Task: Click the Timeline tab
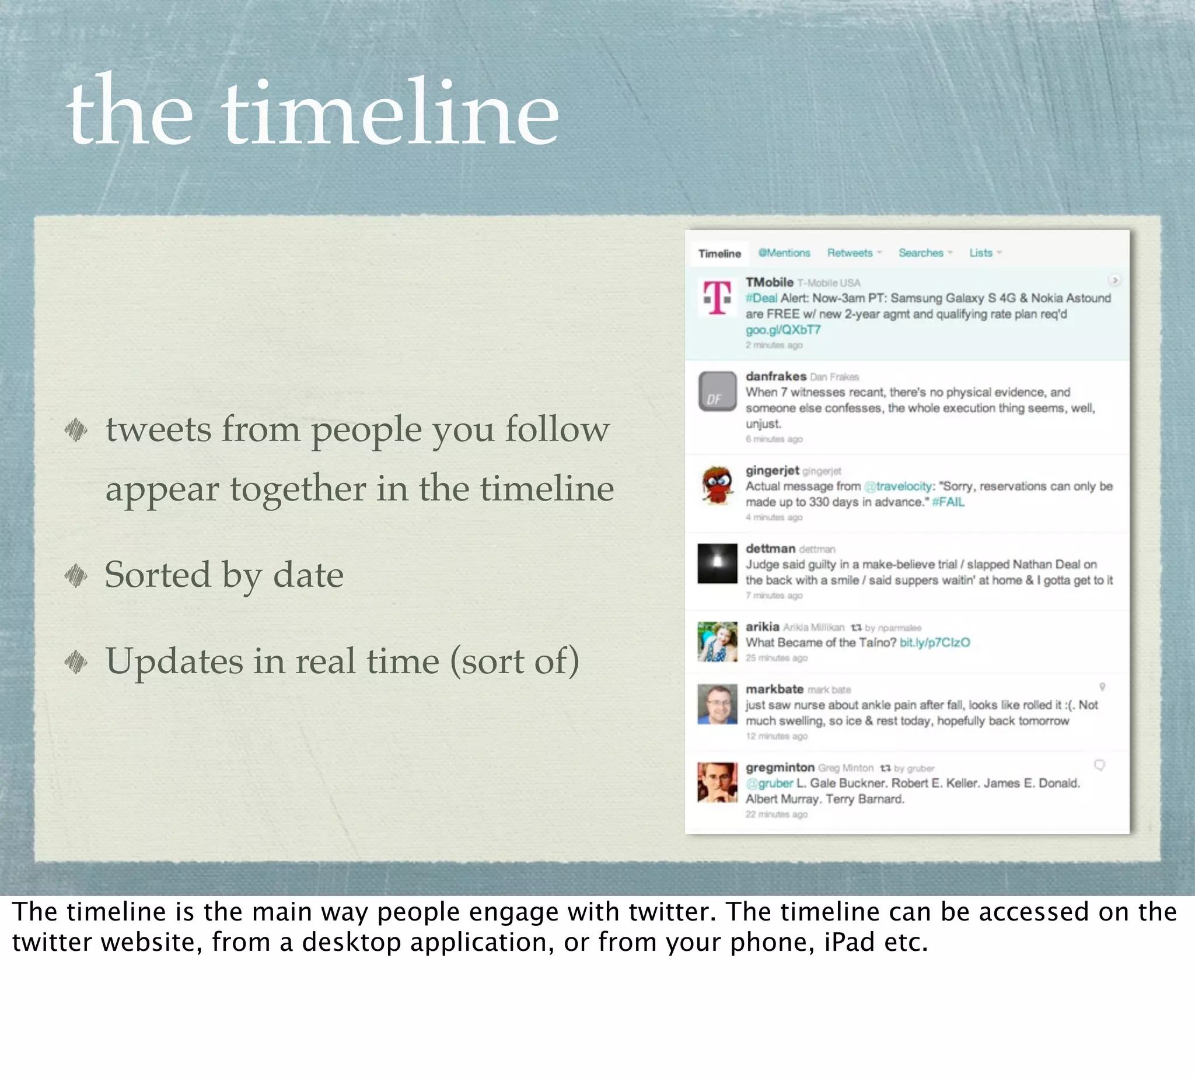coord(719,254)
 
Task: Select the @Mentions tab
coord(784,253)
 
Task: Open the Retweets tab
coord(850,253)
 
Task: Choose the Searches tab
coord(921,253)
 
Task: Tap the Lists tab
coord(980,253)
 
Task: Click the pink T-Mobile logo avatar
coord(717,297)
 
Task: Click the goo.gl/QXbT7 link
coord(782,330)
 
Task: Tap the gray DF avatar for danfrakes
coord(717,391)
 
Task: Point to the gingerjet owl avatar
coord(717,485)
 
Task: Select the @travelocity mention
coord(897,487)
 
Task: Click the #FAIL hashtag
coord(948,502)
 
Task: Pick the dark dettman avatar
coord(717,563)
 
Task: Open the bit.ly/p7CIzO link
coord(934,643)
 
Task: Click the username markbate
coord(774,689)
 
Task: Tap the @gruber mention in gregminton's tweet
coord(768,783)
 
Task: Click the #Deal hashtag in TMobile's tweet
coord(761,298)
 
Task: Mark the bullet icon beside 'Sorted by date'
coord(76,575)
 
